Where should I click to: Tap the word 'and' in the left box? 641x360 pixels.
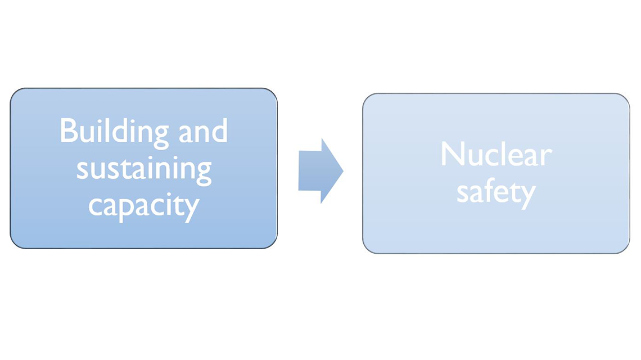coord(204,132)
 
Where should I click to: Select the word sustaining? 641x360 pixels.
coord(144,169)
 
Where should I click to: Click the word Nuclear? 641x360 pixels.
coord(495,154)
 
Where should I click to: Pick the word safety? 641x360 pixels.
coord(495,192)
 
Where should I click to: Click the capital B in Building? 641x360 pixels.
coord(68,132)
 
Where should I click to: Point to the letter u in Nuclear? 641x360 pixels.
coord(473,156)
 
